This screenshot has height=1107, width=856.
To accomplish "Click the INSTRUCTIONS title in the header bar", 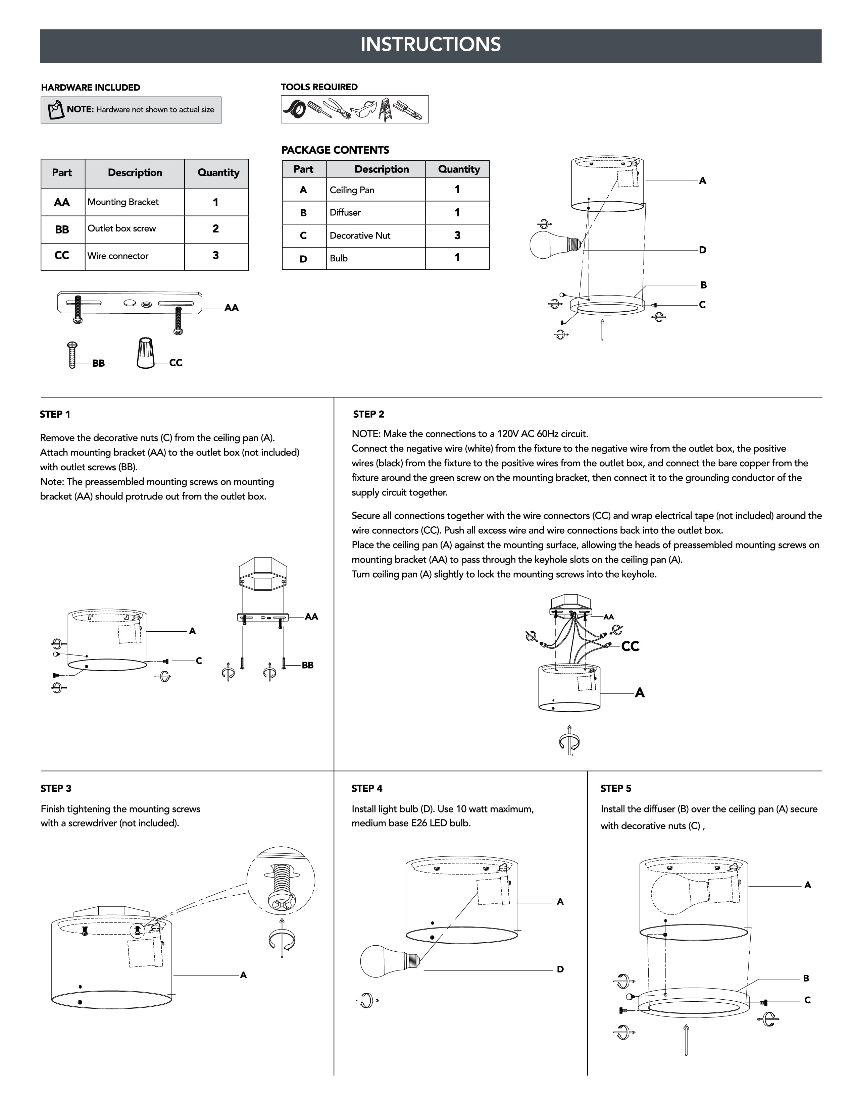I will tap(431, 45).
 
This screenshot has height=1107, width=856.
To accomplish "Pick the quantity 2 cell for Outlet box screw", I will tap(215, 228).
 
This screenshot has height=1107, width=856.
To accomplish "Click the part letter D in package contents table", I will tap(303, 259).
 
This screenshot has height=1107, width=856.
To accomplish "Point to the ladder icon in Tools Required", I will tap(386, 109).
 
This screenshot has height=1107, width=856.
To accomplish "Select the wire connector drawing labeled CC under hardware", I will tap(146, 353).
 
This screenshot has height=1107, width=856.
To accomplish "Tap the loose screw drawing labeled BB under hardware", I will tap(72, 355).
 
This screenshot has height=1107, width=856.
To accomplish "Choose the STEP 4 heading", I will tap(367, 789).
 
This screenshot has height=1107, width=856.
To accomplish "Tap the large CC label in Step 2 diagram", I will tap(630, 646).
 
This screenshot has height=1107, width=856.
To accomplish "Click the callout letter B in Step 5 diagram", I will tap(806, 978).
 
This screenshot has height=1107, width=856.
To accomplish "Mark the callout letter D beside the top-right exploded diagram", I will tap(702, 250).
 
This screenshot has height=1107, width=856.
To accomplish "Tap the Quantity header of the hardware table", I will tap(218, 173).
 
